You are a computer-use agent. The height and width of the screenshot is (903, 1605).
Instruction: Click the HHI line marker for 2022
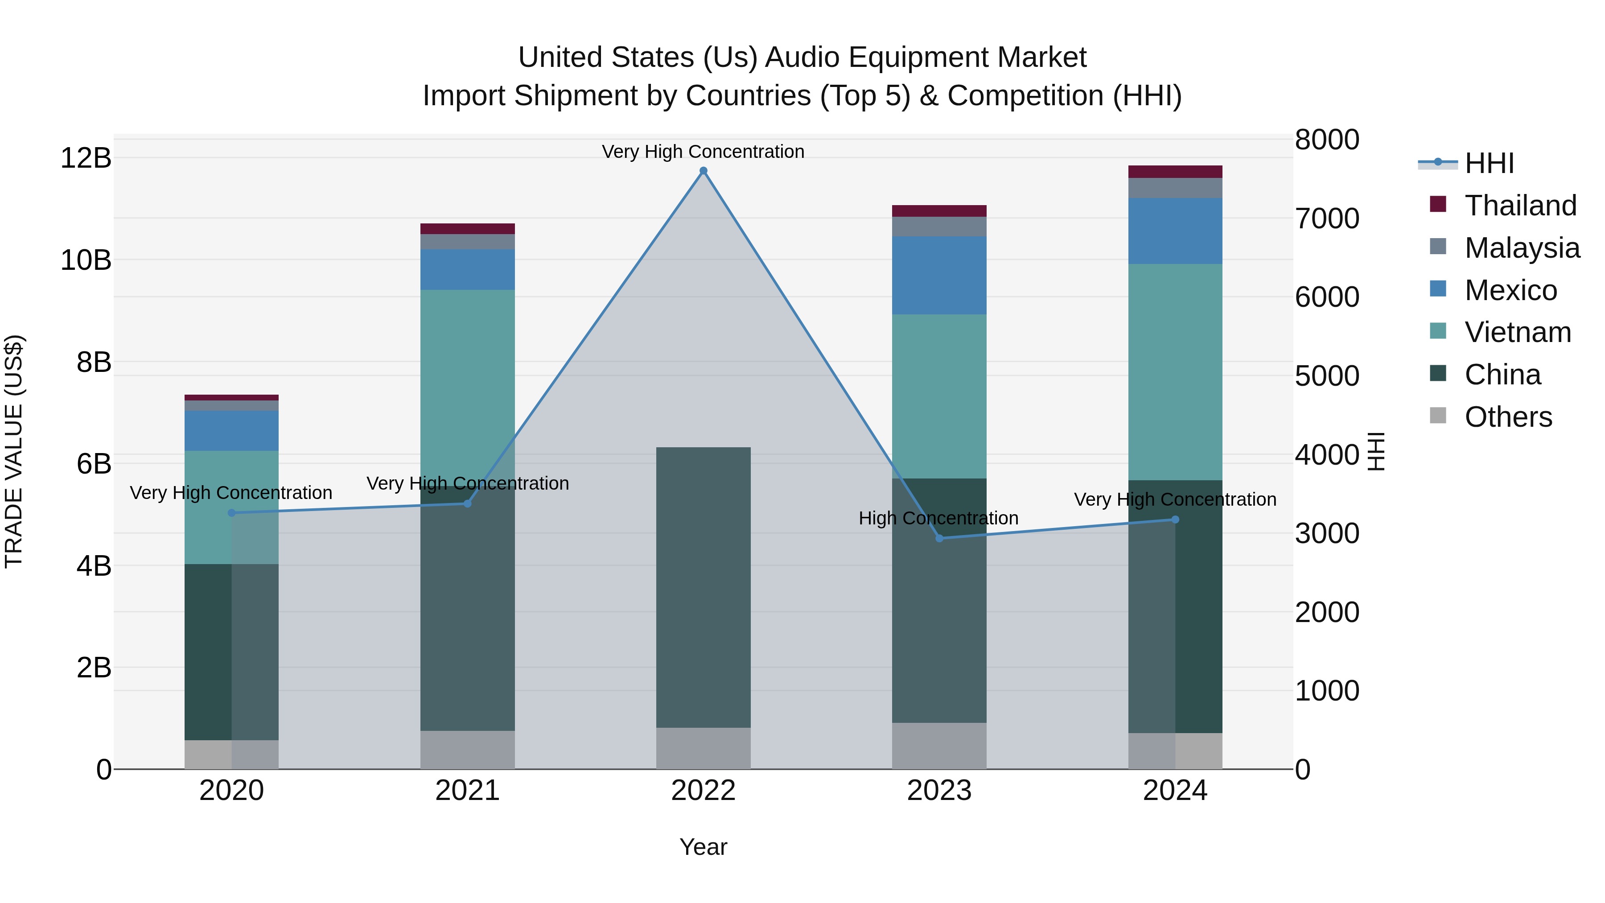[x=704, y=171]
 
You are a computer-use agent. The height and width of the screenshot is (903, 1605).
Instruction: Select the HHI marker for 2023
[x=939, y=538]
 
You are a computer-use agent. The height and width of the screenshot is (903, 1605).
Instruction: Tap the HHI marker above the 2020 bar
[x=232, y=513]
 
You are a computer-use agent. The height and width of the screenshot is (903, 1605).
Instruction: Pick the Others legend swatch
[x=1438, y=416]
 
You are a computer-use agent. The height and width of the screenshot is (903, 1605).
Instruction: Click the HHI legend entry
[x=1489, y=163]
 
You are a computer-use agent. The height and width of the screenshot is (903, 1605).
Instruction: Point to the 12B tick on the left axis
[x=86, y=158]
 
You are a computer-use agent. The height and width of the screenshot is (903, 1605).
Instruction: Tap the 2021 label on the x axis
[x=467, y=791]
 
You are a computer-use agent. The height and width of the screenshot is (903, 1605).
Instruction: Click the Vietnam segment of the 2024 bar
[x=1175, y=371]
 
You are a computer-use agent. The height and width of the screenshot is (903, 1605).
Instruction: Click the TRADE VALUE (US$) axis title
[x=14, y=451]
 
